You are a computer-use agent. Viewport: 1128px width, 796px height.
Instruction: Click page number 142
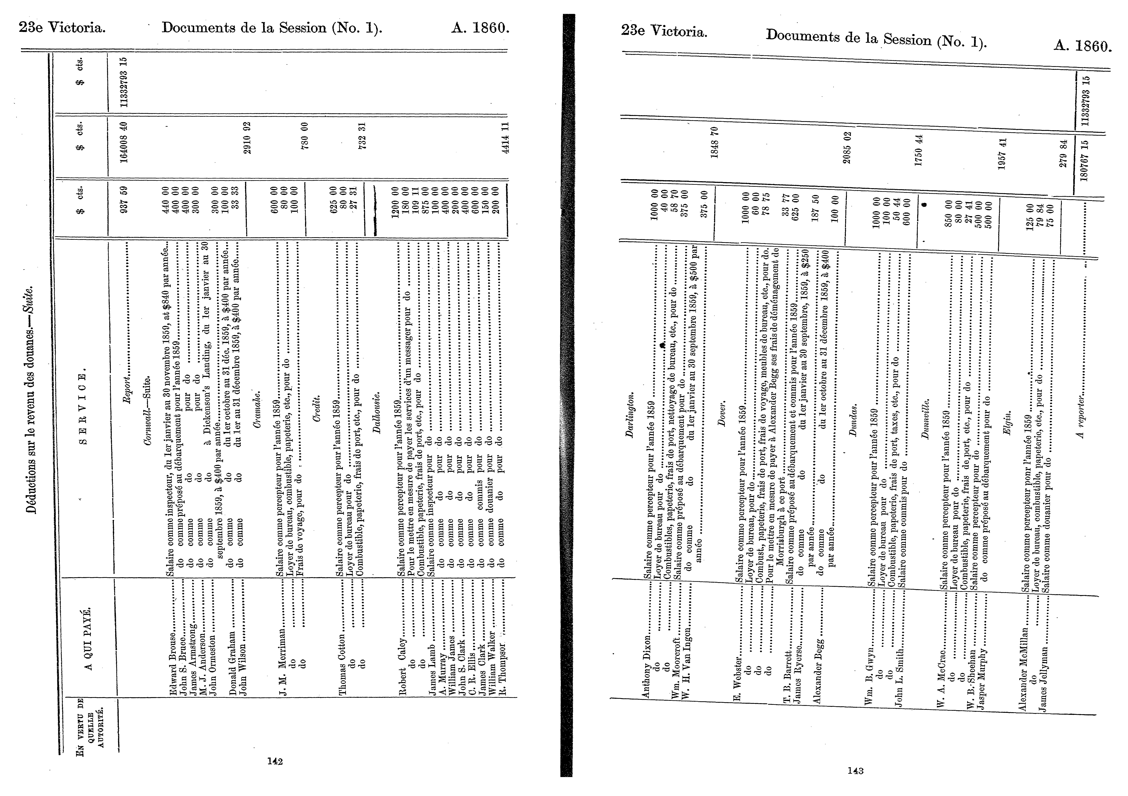(x=275, y=761)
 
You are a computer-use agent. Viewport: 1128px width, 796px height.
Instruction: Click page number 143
(x=855, y=771)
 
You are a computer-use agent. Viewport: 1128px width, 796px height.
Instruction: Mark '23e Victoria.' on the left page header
(x=62, y=28)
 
